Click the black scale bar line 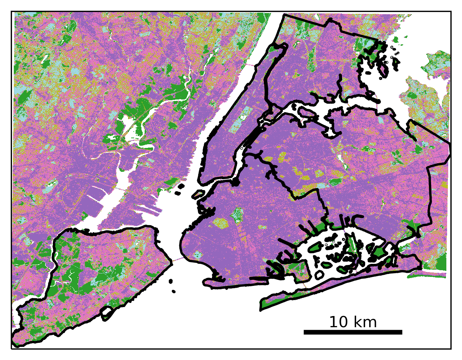click(353, 332)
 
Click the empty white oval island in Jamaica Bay click(319, 275)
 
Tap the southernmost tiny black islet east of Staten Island click(174, 291)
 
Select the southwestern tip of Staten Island click(15, 341)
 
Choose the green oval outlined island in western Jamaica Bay click(315, 247)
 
